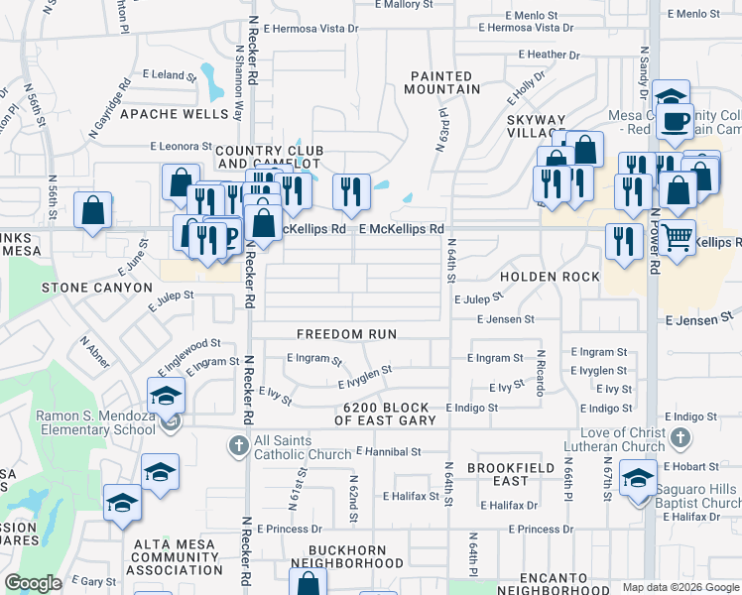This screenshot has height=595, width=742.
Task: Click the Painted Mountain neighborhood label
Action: (x=441, y=82)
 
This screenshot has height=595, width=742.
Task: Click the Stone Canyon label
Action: (x=96, y=288)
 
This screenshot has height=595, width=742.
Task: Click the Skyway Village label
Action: (x=537, y=125)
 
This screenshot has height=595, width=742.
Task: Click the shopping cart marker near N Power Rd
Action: (x=679, y=236)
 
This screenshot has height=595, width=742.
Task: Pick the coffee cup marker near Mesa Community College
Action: (x=677, y=121)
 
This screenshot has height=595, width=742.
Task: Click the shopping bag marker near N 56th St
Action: (x=93, y=210)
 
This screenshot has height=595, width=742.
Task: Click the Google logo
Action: (x=34, y=583)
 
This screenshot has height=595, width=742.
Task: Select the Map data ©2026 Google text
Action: (x=680, y=587)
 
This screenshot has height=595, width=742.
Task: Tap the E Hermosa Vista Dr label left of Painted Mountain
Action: (x=302, y=29)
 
